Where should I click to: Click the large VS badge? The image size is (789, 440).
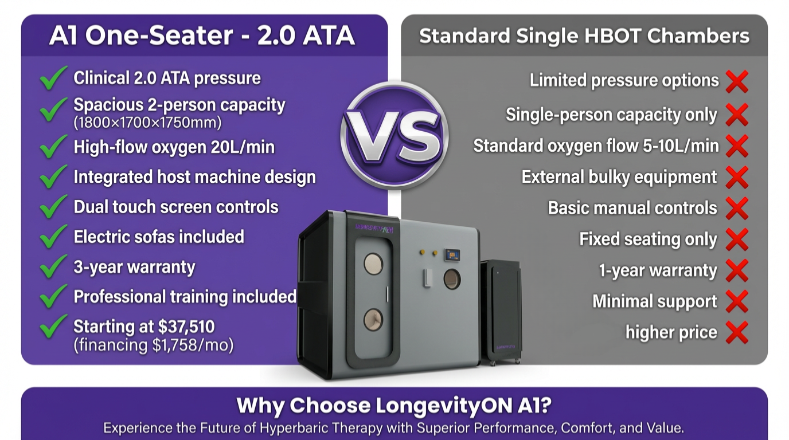pos(394,135)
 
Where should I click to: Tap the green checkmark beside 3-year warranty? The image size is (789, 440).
pos(53,266)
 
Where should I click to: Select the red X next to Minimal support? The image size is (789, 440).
pos(737,301)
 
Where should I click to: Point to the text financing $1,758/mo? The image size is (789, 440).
pos(154,345)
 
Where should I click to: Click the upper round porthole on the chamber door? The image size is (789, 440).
pos(373,264)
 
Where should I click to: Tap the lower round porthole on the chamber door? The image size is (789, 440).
pos(373,319)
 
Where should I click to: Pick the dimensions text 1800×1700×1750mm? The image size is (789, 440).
pos(147,123)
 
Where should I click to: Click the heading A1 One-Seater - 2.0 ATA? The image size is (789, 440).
pos(202,36)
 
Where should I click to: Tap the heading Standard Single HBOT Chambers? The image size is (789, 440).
pos(584,36)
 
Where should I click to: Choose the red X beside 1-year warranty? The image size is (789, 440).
pos(737,270)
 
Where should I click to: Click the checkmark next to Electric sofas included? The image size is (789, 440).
pos(53,237)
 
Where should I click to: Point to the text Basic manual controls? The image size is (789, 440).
pos(632,208)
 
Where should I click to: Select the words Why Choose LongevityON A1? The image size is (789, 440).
pos(394,406)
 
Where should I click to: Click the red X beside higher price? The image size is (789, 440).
pos(737,332)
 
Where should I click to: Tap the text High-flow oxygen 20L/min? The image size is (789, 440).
pos(174,147)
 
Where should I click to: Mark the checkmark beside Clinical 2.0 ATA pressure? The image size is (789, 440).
pos(53,78)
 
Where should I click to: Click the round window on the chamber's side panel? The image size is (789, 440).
pos(452,279)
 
